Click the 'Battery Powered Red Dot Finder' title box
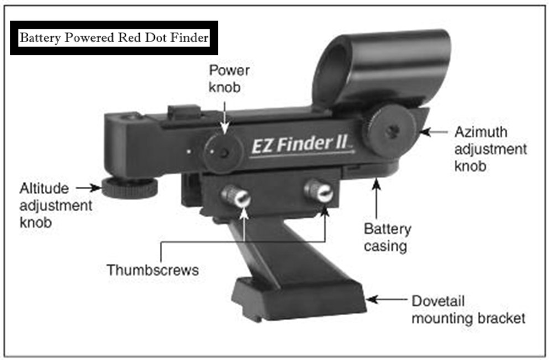pos(114,38)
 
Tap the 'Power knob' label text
pos(229,79)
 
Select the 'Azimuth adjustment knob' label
pos(490,149)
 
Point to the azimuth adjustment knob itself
pos(389,132)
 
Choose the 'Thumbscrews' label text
pos(152,270)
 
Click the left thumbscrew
pos(236,196)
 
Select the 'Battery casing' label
pos(387,237)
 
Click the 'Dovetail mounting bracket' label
pos(468,310)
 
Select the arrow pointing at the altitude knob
pos(87,188)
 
